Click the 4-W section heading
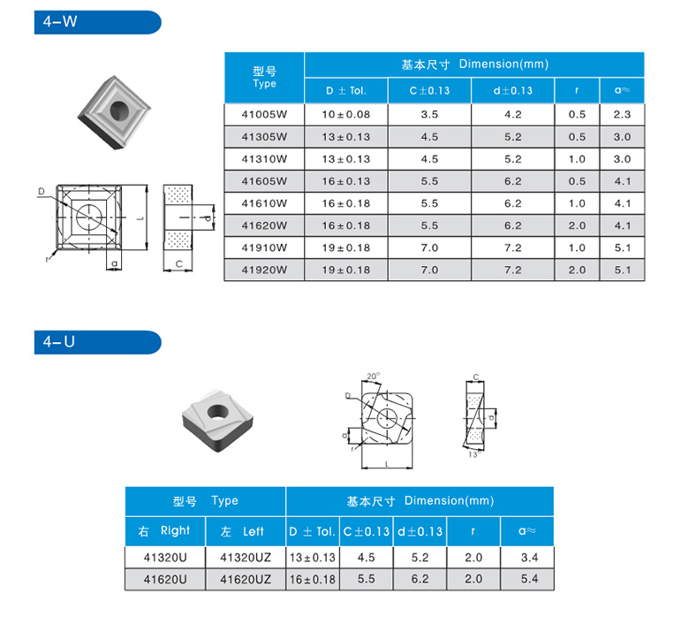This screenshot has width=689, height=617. (x=60, y=22)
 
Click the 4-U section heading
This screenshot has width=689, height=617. (x=59, y=342)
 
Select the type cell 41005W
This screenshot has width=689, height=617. (x=264, y=115)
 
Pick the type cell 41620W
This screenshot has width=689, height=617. (x=264, y=226)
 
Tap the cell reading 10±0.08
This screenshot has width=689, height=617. (x=345, y=115)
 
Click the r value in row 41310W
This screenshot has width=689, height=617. (x=577, y=159)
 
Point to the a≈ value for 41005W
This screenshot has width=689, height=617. (x=622, y=115)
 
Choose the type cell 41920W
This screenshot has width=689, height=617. (x=264, y=270)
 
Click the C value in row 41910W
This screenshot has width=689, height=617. (x=429, y=248)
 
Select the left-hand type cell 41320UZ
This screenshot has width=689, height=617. (x=246, y=558)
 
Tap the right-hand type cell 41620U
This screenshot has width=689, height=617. (x=165, y=580)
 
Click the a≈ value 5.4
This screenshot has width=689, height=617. (x=529, y=579)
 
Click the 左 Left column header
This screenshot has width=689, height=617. (x=242, y=531)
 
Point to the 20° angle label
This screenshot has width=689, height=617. (x=374, y=377)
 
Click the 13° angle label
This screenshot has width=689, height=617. (x=474, y=454)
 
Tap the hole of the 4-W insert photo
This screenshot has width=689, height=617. (x=119, y=110)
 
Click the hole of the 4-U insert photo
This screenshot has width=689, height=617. (x=217, y=412)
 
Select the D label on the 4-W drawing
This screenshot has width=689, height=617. (x=42, y=191)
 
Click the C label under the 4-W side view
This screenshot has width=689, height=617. (x=178, y=264)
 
